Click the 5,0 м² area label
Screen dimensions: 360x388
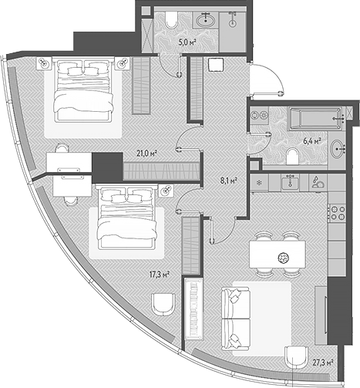pyautogui.click(x=187, y=42)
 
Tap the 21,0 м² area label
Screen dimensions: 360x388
pyautogui.click(x=146, y=154)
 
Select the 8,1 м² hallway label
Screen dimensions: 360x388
pyautogui.click(x=228, y=181)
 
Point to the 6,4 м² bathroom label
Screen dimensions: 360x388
pyautogui.click(x=312, y=141)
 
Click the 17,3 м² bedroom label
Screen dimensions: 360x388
pyautogui.click(x=160, y=275)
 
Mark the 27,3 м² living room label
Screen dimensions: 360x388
pyautogui.click(x=323, y=363)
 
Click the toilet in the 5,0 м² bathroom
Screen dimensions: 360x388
pyautogui.click(x=171, y=19)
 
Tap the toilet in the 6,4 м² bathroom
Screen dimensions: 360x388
pyautogui.click(x=292, y=157)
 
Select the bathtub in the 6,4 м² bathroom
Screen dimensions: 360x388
pyautogui.click(x=316, y=118)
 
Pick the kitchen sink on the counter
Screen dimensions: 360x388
pyautogui.click(x=290, y=181)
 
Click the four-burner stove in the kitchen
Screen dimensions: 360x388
pyautogui.click(x=338, y=213)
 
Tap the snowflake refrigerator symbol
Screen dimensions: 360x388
pyautogui.click(x=259, y=183)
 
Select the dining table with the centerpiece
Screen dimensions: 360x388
pyautogui.click(x=278, y=255)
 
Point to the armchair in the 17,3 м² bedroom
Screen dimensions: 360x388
pyautogui.click(x=163, y=304)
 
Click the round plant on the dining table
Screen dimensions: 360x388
pyautogui.click(x=284, y=258)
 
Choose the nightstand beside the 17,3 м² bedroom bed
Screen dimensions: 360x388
pyautogui.click(x=166, y=191)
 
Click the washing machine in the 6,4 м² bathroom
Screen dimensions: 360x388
pyautogui.click(x=259, y=116)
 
